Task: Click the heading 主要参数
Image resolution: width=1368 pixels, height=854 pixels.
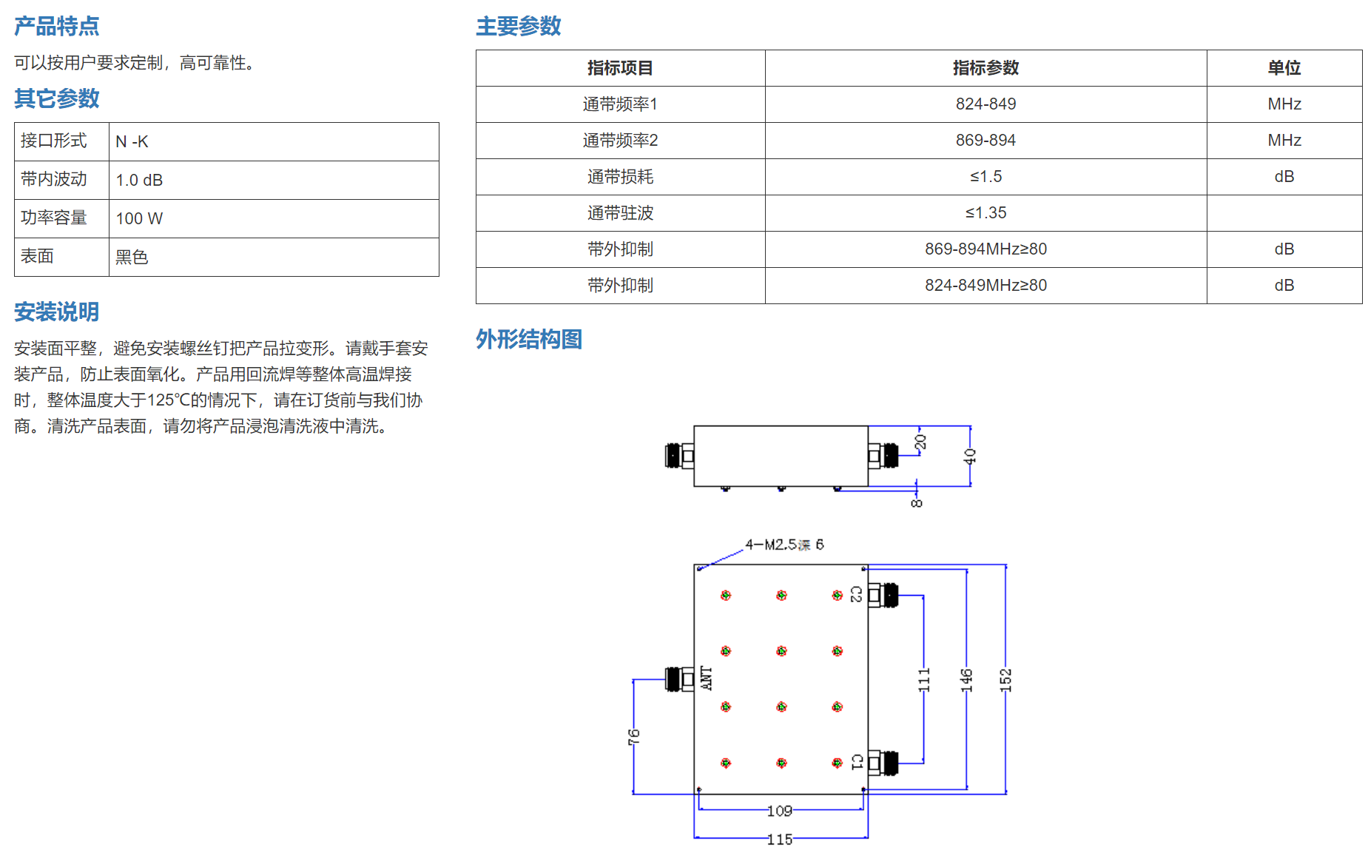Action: (x=518, y=26)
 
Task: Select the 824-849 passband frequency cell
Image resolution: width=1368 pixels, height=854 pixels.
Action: (x=985, y=104)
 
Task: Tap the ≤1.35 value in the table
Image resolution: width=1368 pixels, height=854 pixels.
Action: (x=985, y=213)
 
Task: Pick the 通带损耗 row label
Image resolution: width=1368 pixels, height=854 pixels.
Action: (x=620, y=177)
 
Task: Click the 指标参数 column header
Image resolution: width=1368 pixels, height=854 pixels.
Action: (x=985, y=68)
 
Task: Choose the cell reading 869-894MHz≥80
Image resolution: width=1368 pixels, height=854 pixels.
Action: (x=985, y=249)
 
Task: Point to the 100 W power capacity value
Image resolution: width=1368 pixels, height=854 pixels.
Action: (x=139, y=218)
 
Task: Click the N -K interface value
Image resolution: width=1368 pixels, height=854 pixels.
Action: (x=132, y=141)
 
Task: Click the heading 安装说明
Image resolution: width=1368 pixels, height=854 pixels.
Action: (x=56, y=312)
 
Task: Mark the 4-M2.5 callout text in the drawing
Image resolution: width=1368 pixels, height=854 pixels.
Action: (x=784, y=545)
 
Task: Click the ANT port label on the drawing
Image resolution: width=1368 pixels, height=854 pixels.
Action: (x=707, y=678)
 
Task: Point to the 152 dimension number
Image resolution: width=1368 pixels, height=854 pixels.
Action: (x=1005, y=680)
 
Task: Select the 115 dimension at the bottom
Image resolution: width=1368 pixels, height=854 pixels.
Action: (x=780, y=839)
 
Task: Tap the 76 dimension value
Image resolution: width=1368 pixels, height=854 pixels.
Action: (x=634, y=736)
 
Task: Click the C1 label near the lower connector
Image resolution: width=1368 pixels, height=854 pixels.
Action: (x=857, y=761)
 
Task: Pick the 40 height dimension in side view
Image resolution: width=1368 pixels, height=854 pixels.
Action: (x=970, y=457)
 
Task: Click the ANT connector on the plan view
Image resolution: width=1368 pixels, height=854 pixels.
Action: (x=679, y=679)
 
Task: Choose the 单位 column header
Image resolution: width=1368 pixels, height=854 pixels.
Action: (x=1284, y=68)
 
